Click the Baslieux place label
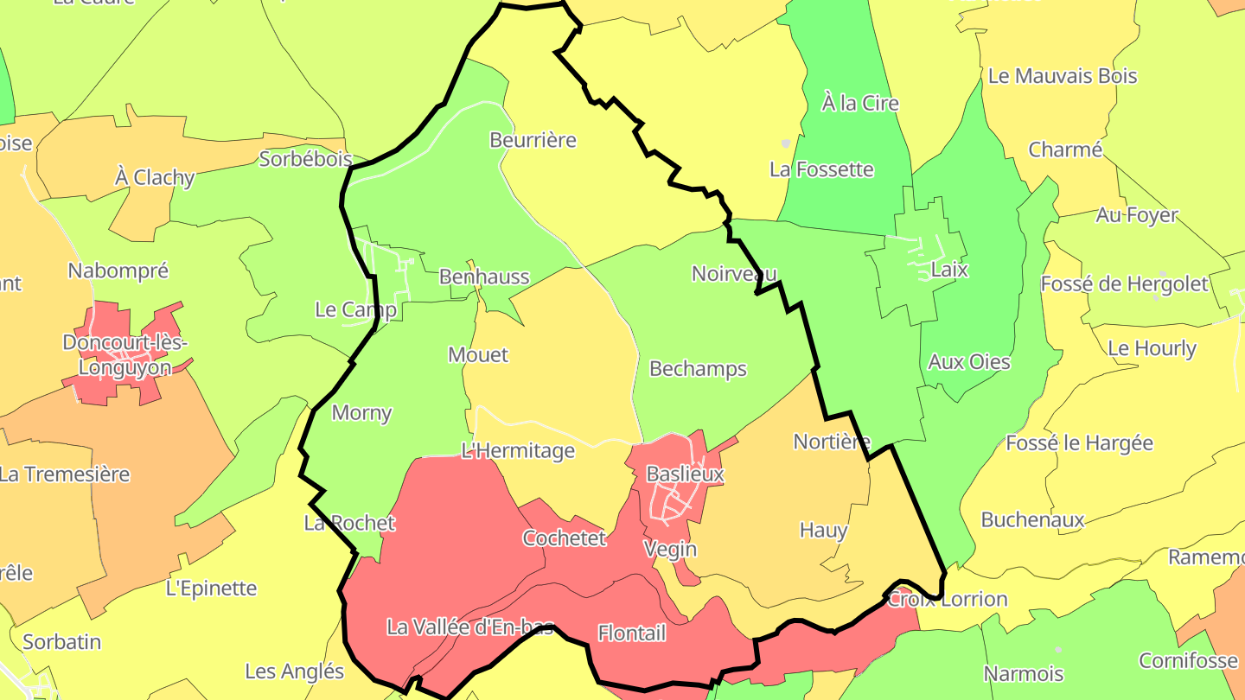tap(686, 474)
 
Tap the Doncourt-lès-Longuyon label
tap(124, 355)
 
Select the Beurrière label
tap(533, 140)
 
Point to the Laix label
tap(949, 270)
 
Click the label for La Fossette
tap(821, 169)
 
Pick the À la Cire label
tap(859, 104)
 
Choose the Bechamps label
tap(698, 369)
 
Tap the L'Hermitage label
tap(518, 450)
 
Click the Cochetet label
tap(565, 538)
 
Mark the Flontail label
tap(631, 633)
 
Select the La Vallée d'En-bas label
tap(469, 627)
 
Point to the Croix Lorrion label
tap(948, 599)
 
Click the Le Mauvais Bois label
tap(1063, 76)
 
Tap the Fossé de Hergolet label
tap(1124, 283)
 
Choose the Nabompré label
tap(118, 271)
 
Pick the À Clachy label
tap(155, 178)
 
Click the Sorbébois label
tap(306, 159)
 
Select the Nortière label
tap(832, 442)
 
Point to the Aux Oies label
tap(969, 362)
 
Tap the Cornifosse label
tap(1188, 661)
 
